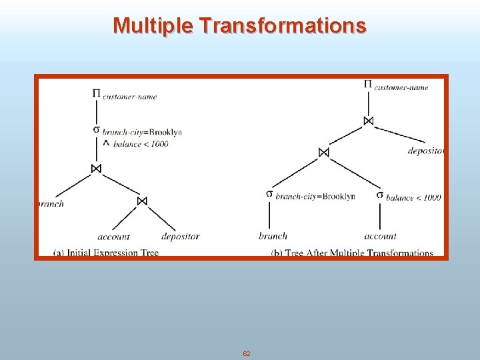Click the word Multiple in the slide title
coord(153,25)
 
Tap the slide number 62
coord(247,353)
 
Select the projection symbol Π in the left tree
coord(97,94)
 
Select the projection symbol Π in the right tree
coord(368,84)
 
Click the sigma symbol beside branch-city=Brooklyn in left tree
coord(97,129)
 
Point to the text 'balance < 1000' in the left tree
coord(141,143)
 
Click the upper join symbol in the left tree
coord(96,169)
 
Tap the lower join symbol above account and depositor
coord(141,201)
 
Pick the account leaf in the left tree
coord(113,236)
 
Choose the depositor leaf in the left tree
coord(180,236)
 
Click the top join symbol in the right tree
coord(368,121)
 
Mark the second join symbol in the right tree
coord(323,152)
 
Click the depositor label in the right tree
coord(425,151)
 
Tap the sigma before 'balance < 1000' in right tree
coord(379,195)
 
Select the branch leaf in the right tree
coord(273,235)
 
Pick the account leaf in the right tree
coord(380,235)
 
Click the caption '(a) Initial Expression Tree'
coord(106,253)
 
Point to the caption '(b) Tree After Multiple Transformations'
coord(352,253)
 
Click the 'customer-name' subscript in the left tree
coord(130,97)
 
